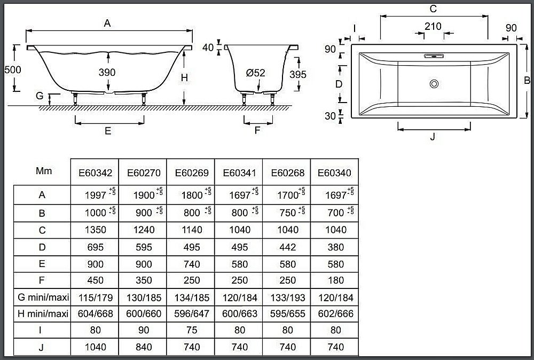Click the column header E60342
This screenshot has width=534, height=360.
96,173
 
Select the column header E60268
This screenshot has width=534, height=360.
287,173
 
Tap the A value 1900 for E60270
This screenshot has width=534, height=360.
144,195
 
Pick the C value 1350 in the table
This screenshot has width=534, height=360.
96,230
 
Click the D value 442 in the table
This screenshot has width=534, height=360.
287,247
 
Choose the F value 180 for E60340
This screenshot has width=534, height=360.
336,280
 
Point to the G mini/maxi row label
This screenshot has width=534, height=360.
43,298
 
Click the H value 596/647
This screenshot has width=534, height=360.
192,314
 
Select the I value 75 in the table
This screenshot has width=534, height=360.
192,330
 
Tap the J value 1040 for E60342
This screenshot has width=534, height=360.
96,347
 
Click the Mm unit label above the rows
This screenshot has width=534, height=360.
44,170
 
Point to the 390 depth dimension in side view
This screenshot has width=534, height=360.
107,72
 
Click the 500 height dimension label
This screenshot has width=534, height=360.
13,70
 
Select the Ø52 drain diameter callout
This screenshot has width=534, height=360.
255,73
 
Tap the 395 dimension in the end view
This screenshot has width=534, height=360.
298,74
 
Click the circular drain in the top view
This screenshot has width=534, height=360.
434,84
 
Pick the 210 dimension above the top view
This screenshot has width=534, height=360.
433,26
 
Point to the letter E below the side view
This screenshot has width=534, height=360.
108,131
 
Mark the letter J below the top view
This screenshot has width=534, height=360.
433,137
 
